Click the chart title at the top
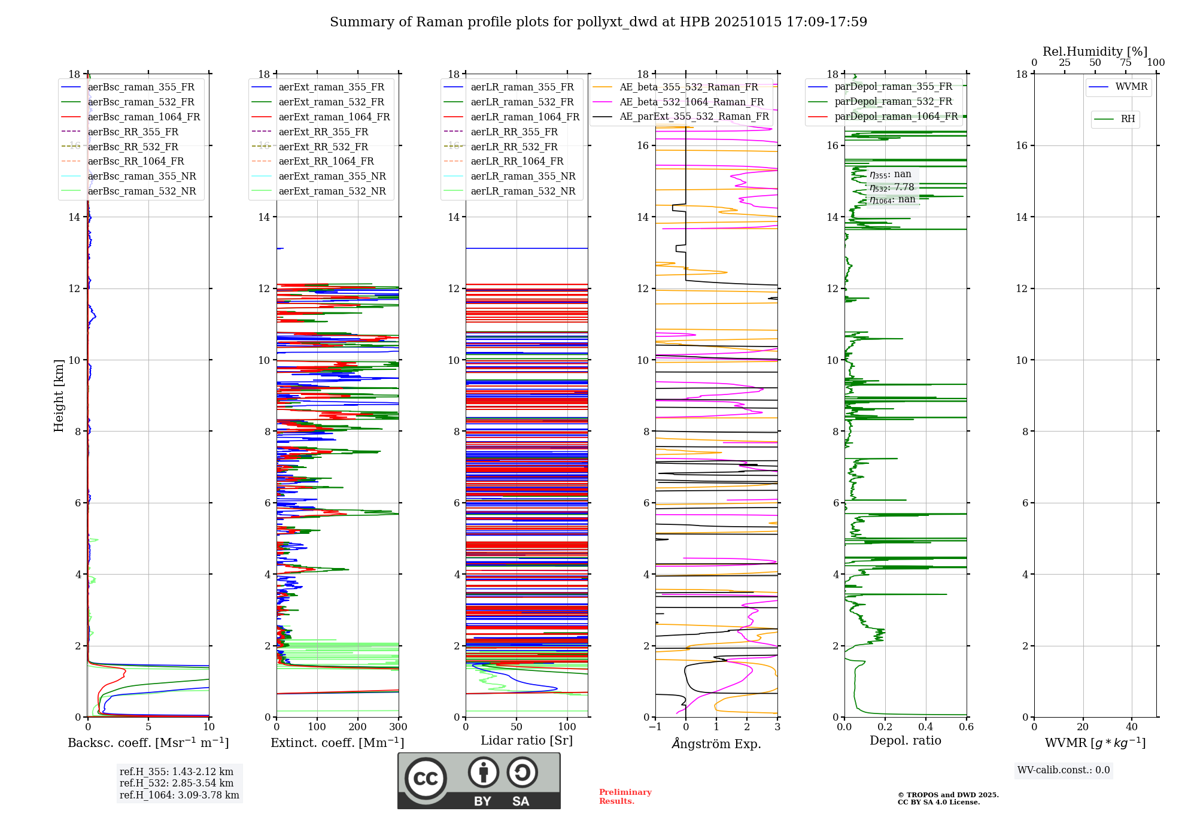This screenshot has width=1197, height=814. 598,22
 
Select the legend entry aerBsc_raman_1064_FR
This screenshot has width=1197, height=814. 144,117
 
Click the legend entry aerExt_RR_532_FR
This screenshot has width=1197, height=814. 323,147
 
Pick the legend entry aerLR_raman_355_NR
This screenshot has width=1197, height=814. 522,177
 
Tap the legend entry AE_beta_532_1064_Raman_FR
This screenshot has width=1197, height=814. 691,102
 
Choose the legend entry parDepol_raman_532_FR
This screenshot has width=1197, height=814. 893,102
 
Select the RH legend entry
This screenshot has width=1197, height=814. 1128,119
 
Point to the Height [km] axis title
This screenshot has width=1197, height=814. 59,395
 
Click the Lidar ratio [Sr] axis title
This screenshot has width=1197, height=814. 527,740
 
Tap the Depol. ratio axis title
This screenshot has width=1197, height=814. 905,740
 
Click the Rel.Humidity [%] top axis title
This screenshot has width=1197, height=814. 1095,51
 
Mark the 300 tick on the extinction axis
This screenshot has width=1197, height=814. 398,727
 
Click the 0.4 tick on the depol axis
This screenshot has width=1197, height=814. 925,727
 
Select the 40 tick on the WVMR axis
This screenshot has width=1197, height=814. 1131,727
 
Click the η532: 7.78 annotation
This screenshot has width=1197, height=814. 892,187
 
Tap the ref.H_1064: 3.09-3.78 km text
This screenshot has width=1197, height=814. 179,795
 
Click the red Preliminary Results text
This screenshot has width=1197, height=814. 625,797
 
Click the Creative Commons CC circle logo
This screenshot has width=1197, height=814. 426,779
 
